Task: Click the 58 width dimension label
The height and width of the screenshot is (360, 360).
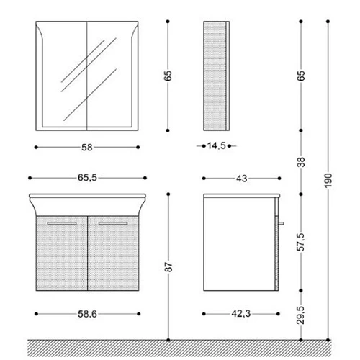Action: coord(87,148)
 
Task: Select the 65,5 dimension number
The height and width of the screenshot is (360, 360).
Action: coord(87,178)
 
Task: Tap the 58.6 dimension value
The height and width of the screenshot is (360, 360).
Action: coord(87,314)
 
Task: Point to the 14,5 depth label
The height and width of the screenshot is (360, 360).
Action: coord(217,145)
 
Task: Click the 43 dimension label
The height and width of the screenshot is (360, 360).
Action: coord(241,179)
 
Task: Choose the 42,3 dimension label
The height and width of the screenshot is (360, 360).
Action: coord(241,314)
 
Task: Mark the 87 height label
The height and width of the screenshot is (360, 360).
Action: coord(168,267)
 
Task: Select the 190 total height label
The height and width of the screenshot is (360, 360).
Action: coord(328,181)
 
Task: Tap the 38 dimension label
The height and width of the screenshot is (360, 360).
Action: coord(301,162)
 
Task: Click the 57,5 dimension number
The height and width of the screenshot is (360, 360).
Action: coord(300,242)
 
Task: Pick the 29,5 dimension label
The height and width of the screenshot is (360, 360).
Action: coord(300,315)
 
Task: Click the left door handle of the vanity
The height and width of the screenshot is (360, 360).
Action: coord(62,223)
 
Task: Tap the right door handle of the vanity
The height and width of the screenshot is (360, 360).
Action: coord(113,223)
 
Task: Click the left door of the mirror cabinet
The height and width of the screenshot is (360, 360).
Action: coord(61,76)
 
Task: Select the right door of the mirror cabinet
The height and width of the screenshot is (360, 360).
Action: coord(112,76)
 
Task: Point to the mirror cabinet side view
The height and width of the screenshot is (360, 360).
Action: coord(217,76)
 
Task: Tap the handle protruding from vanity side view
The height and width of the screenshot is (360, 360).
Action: coord(282,223)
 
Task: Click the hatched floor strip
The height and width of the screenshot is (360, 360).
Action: coord(179,348)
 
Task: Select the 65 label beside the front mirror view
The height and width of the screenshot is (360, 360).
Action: coord(168,76)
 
